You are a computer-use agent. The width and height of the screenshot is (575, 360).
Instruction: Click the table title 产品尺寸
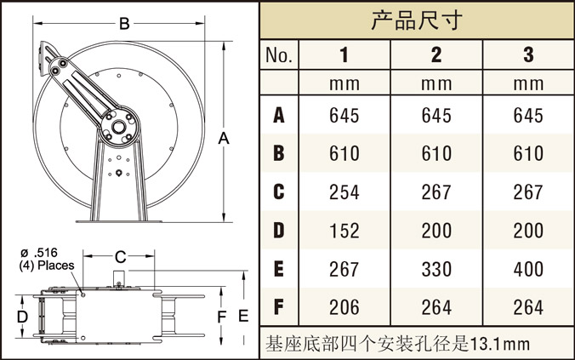(417, 20)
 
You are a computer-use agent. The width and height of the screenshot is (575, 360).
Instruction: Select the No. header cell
(279, 56)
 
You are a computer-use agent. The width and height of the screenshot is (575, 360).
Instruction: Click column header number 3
(528, 56)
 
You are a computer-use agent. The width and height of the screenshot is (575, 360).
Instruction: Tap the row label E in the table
(279, 269)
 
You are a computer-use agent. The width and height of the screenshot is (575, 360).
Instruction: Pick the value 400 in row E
(528, 269)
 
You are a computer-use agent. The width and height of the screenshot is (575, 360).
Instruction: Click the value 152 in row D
(344, 231)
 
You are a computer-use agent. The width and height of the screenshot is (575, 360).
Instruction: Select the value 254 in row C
(344, 192)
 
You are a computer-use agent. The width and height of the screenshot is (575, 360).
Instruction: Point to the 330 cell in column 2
(436, 269)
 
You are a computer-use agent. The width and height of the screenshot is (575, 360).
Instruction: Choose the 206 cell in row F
(344, 307)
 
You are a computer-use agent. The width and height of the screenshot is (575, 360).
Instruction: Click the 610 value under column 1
(344, 154)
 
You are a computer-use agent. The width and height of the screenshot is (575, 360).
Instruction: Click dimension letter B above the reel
(124, 25)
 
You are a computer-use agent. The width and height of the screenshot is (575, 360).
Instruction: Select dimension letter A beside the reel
(223, 138)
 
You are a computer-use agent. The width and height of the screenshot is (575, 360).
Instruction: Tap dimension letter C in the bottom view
(120, 256)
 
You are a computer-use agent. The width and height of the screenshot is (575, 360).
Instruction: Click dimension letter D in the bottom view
(23, 317)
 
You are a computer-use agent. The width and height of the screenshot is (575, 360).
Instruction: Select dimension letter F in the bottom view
(223, 317)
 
